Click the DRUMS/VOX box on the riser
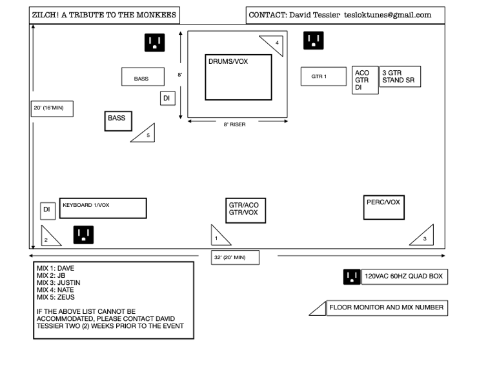pyautogui.click(x=238, y=77)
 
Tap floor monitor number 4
pyautogui.click(x=272, y=44)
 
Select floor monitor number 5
pyautogui.click(x=145, y=133)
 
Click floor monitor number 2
pyautogui.click(x=48, y=238)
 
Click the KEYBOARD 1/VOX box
pyautogui.click(x=103, y=208)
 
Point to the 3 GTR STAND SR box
pyautogui.click(x=400, y=77)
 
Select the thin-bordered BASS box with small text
pyautogui.click(x=141, y=77)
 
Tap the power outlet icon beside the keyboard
pyautogui.click(x=83, y=235)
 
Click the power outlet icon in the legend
pyautogui.click(x=352, y=277)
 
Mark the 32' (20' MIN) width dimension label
pyautogui.click(x=236, y=258)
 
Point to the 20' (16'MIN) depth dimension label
pyautogui.click(x=52, y=108)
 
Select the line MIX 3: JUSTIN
pyautogui.click(x=59, y=282)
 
